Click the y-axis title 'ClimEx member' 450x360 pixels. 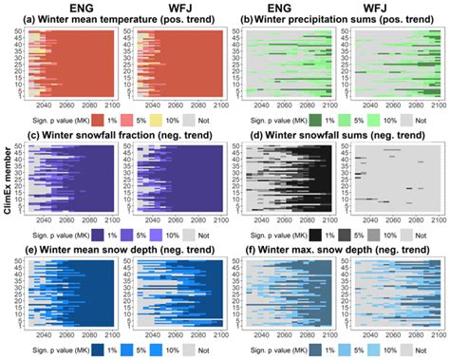[x=8, y=180]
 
